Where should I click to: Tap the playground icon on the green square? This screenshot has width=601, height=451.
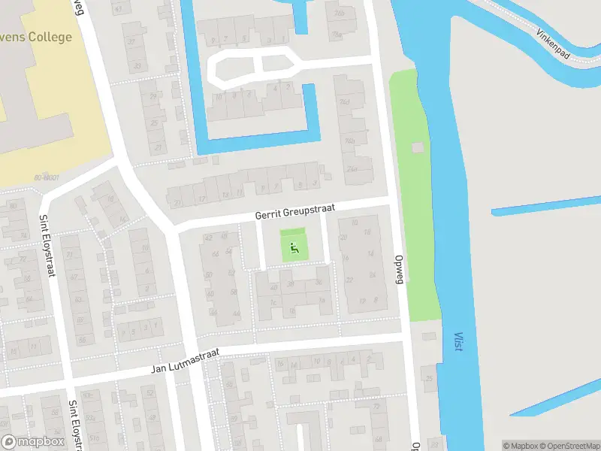pos(294,245)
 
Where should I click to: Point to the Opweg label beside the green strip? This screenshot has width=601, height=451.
pos(400,268)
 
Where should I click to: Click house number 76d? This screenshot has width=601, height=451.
pos(346,102)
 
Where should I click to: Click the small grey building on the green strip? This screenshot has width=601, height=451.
pos(418,147)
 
